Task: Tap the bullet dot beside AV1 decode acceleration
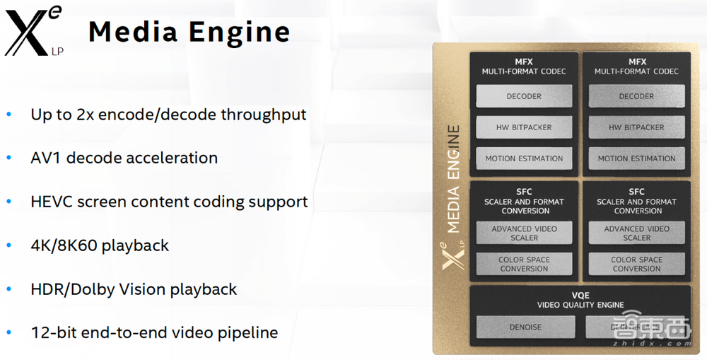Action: click(x=9, y=158)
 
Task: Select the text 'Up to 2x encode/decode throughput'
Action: click(x=168, y=114)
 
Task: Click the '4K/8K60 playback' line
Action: click(x=100, y=245)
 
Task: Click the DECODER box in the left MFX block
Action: click(x=524, y=96)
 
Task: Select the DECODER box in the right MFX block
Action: click(x=636, y=96)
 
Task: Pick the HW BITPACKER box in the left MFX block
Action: click(x=524, y=127)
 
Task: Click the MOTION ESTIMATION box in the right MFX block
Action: click(x=636, y=158)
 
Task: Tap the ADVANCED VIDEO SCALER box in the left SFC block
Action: click(x=524, y=233)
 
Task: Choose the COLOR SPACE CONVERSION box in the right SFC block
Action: click(x=636, y=264)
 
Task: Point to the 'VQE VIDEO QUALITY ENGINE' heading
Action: click(x=580, y=300)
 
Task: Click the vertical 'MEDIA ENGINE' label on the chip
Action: click(x=454, y=180)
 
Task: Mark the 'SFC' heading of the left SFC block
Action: click(x=524, y=192)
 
